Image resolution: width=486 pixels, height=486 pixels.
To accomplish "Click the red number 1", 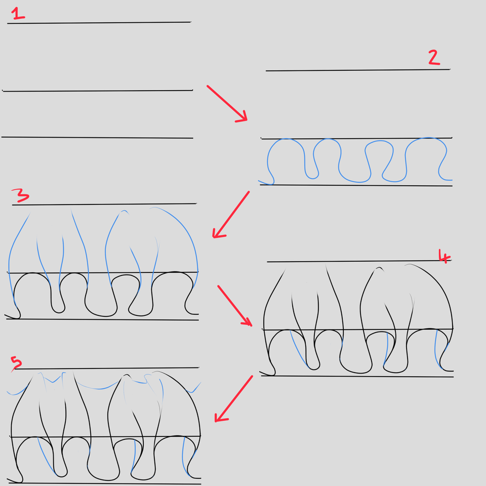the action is [x=18, y=14].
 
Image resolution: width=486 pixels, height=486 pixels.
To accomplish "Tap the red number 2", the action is [x=434, y=57].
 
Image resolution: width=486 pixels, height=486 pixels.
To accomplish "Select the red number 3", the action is [x=20, y=195].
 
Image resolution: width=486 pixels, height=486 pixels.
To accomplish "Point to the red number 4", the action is [x=444, y=256].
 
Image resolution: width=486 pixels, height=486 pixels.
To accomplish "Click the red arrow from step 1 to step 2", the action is [x=227, y=103].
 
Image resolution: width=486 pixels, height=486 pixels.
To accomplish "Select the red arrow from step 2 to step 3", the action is [x=231, y=215].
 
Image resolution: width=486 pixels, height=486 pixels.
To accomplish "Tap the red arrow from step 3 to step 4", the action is [x=234, y=306].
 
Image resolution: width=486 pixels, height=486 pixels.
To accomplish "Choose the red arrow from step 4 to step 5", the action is [x=234, y=398].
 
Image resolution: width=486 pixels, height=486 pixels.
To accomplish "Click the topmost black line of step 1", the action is [x=99, y=23].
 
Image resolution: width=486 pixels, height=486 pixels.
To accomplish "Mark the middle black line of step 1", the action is [x=98, y=91].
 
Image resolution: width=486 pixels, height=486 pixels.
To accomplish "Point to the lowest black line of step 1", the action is [x=97, y=137].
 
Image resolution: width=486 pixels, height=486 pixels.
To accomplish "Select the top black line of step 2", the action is [x=358, y=70].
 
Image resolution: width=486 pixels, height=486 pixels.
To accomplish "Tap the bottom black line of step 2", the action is [x=356, y=185].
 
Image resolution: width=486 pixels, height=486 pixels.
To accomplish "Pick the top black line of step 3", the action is [x=104, y=204].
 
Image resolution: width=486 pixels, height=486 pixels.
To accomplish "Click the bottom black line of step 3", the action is [x=102, y=319].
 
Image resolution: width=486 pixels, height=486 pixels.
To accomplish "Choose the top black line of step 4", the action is [x=359, y=261].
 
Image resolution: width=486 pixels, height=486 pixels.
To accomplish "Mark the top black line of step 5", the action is [x=107, y=368].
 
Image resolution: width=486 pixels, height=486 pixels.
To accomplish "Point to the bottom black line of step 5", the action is [x=105, y=483].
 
